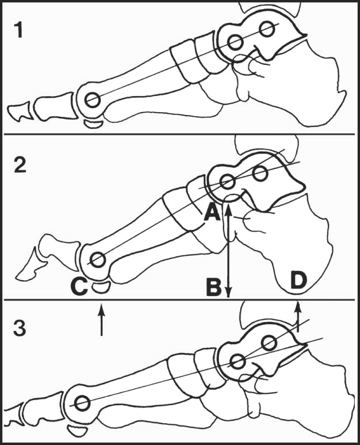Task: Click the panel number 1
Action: click(19, 30)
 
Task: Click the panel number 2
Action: click(20, 164)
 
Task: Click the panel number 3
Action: click(20, 328)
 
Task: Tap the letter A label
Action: click(212, 213)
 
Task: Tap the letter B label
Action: click(214, 287)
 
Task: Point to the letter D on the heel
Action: click(298, 279)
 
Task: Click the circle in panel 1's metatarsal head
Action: click(93, 100)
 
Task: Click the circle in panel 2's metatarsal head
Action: click(98, 260)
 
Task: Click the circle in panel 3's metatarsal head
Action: click(82, 403)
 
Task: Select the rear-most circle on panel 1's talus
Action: click(267, 28)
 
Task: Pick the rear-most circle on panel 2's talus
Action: click(260, 174)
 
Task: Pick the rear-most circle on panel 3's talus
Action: click(269, 343)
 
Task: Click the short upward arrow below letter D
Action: click(298, 317)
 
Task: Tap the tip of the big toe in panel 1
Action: click(9, 109)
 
